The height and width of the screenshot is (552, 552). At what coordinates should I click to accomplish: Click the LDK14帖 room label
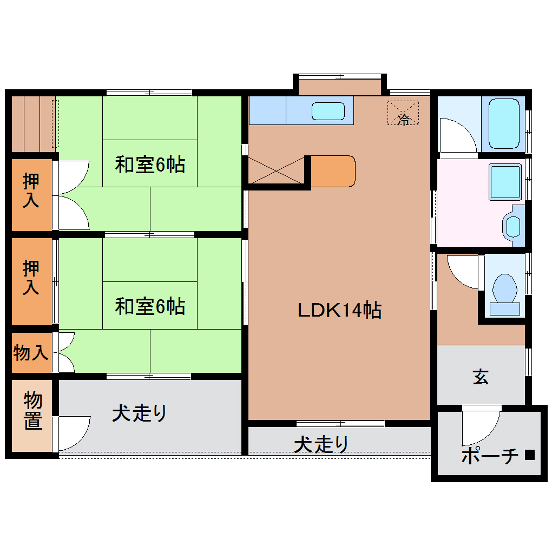[340, 310]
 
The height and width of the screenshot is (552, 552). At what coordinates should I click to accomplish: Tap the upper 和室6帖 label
[150, 165]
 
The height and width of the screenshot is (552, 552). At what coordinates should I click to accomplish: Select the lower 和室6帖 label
[150, 307]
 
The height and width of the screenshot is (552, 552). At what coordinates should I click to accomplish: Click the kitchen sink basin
[328, 111]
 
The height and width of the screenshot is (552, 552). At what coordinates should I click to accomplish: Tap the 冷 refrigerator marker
[403, 118]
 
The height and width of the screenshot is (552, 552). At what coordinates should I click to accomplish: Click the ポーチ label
[490, 456]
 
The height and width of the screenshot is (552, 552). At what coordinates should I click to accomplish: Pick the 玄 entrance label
[481, 377]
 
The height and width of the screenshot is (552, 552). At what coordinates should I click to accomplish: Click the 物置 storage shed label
[33, 411]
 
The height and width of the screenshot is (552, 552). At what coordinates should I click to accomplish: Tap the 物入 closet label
[31, 353]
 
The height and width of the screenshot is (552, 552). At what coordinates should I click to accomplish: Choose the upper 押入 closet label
[31, 190]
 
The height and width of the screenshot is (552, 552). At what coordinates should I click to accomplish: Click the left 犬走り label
[140, 413]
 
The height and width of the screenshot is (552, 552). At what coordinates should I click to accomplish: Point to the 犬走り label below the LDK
[321, 444]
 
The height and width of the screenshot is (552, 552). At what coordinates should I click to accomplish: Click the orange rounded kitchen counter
[333, 171]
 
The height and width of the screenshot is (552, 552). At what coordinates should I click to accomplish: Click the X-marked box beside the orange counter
[275, 171]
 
